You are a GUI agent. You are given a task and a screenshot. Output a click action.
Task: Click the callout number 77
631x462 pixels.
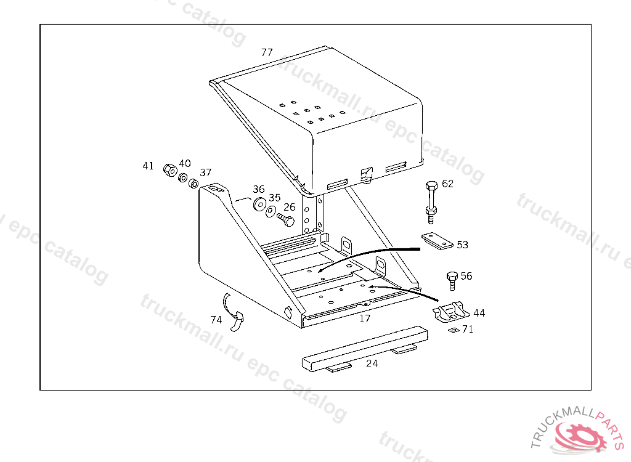[x=267, y=52]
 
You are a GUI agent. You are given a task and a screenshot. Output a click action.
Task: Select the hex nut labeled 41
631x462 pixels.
[x=170, y=170]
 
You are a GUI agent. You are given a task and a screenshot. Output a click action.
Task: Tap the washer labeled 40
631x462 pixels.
[x=183, y=177]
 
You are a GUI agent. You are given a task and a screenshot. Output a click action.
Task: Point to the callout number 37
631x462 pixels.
[x=206, y=172]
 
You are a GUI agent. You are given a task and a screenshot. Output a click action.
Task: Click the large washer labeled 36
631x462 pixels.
[x=259, y=204]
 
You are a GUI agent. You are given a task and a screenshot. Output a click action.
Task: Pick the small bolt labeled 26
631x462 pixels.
[x=286, y=219]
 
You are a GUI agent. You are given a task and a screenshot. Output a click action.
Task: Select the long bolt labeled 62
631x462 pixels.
[x=431, y=202]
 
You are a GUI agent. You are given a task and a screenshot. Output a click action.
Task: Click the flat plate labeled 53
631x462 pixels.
[x=437, y=241]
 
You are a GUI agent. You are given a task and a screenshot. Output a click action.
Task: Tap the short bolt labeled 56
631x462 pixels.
[x=452, y=280]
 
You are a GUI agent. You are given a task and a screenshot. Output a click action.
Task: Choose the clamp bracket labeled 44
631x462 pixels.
[x=451, y=312]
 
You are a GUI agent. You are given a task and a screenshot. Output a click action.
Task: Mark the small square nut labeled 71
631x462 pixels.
[x=454, y=330]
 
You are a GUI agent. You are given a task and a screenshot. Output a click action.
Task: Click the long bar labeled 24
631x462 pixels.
[x=365, y=349]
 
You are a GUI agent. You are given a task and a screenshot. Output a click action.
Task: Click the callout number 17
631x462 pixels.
[x=365, y=318]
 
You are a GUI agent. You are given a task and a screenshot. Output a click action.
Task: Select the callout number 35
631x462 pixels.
[x=274, y=198]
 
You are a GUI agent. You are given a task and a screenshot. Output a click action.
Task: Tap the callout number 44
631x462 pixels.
[x=479, y=313]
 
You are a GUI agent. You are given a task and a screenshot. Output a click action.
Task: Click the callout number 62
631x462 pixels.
[x=447, y=184]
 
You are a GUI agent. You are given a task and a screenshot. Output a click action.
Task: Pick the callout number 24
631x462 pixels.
[x=372, y=363]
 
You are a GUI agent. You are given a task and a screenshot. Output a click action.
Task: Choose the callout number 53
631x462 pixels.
[x=462, y=245]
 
